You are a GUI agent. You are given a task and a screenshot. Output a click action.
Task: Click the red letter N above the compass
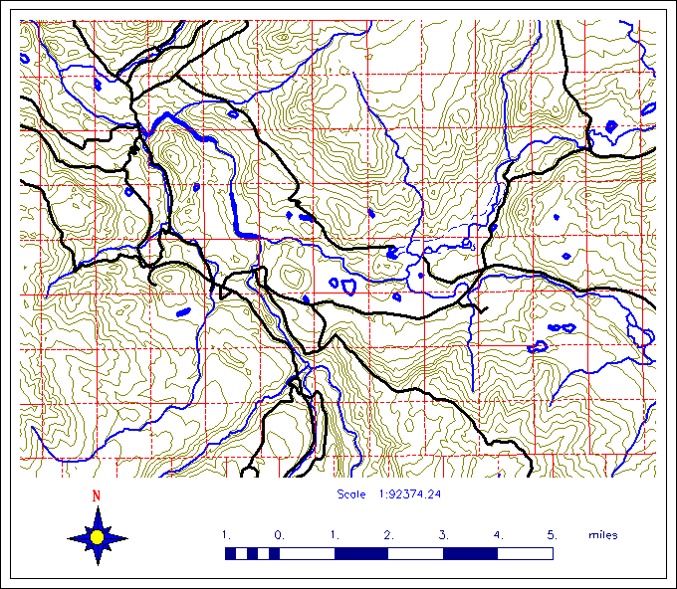tap(97, 495)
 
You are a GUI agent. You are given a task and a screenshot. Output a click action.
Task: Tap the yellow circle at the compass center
tap(97, 537)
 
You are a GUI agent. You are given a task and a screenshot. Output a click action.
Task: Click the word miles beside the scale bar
tap(602, 535)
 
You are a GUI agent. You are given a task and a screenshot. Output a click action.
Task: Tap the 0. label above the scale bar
tap(280, 535)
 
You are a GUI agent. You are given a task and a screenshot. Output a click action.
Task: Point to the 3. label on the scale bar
tap(442, 535)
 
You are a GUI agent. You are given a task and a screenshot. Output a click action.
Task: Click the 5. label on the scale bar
tap(551, 535)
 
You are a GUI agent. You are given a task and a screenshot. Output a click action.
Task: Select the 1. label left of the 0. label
tap(226, 535)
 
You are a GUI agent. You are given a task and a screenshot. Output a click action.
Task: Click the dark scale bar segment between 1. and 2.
tap(360, 553)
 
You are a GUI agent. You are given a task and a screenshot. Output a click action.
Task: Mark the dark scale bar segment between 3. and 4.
tap(469, 553)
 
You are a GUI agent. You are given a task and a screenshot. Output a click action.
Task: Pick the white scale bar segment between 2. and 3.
tap(415, 553)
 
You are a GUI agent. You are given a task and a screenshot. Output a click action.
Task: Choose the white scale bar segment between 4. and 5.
tap(524, 553)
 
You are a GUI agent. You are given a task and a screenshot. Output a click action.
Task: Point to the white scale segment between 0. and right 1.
tap(307, 553)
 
